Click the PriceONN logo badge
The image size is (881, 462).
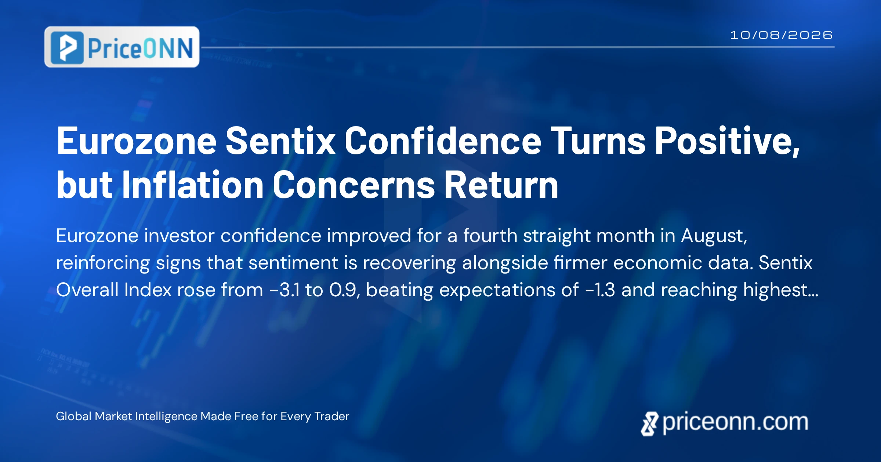click(x=122, y=47)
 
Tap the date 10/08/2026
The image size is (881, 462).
click(x=781, y=35)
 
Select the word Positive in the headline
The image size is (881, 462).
click(x=727, y=141)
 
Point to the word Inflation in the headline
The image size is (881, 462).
click(x=193, y=185)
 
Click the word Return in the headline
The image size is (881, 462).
click(x=501, y=185)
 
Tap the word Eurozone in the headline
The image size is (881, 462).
click(x=137, y=141)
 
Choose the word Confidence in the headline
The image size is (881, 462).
click(x=443, y=141)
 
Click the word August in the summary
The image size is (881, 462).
click(x=714, y=236)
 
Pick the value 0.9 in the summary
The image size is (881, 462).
click(x=345, y=290)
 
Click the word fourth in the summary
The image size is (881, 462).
click(x=490, y=235)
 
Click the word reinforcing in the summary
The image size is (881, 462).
click(x=103, y=263)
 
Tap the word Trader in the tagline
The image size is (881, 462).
click(x=331, y=416)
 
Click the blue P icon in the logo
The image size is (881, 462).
click(x=67, y=48)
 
